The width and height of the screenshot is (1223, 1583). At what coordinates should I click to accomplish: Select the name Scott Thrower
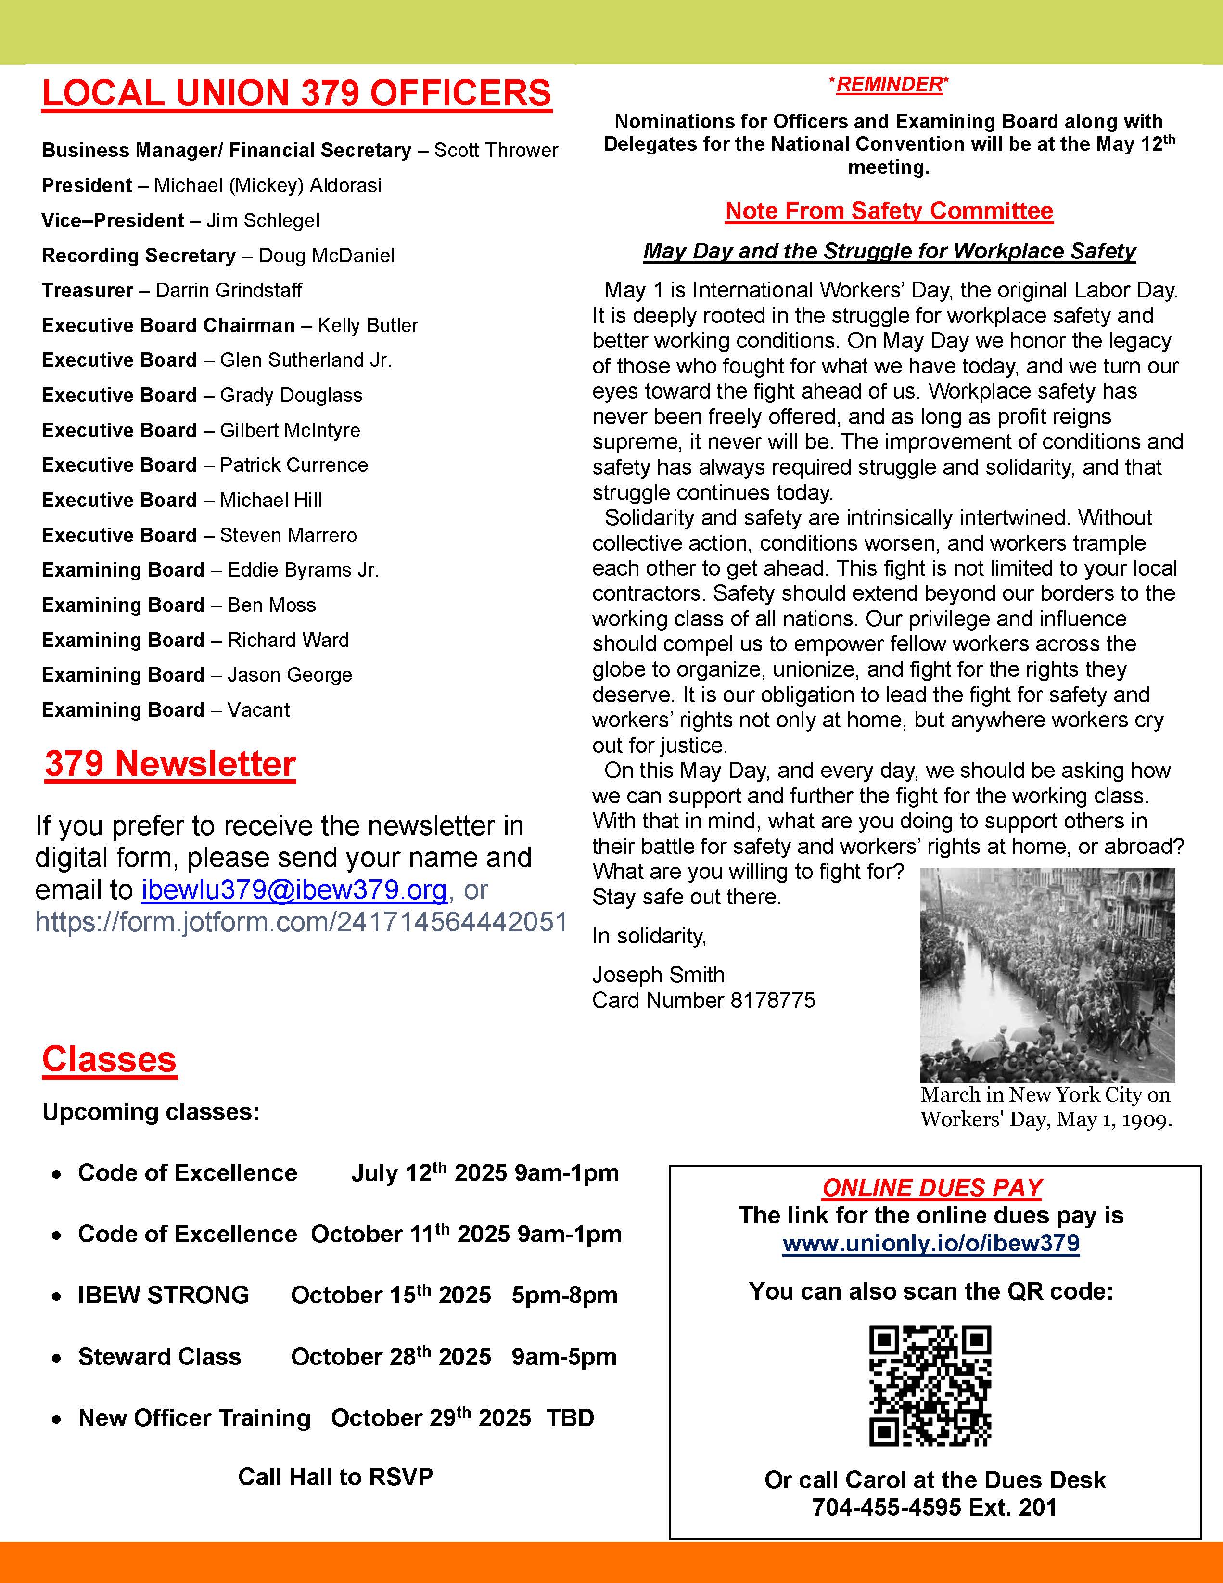point(497,150)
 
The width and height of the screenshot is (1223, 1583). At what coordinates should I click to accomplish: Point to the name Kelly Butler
point(368,325)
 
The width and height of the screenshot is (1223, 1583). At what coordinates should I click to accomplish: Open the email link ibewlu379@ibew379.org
point(293,890)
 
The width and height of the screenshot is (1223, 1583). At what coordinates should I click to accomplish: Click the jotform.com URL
point(301,922)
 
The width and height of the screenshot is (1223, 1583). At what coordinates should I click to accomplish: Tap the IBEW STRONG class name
point(163,1295)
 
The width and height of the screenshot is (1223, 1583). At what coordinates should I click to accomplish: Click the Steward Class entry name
point(159,1356)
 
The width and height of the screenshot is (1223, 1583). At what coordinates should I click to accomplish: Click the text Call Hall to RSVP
point(335,1477)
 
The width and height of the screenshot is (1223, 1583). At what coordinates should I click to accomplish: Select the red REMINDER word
point(889,85)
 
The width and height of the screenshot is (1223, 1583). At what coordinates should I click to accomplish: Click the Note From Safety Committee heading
point(889,211)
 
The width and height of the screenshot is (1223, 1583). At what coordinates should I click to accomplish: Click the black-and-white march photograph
point(1047,975)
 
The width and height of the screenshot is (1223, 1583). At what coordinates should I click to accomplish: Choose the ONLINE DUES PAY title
point(932,1188)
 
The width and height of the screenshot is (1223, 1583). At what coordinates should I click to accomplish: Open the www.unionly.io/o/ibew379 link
point(931,1244)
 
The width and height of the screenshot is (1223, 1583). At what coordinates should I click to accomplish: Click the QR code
point(930,1386)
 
